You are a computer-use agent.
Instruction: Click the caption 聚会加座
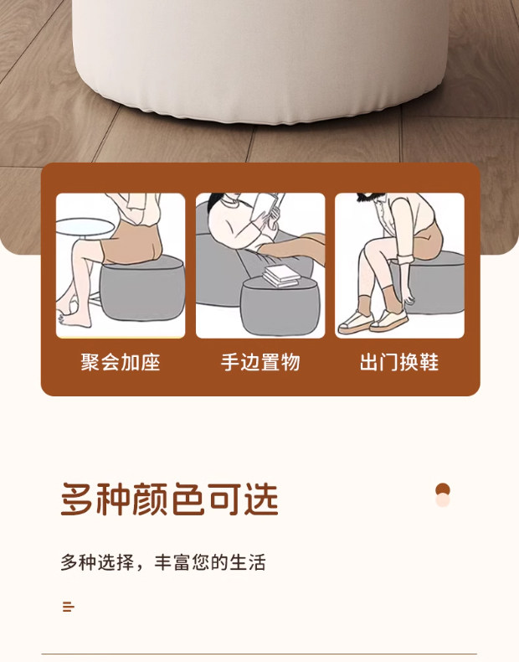tap(121, 362)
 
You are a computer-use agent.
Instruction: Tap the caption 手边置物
tap(260, 362)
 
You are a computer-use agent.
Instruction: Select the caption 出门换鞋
tap(399, 362)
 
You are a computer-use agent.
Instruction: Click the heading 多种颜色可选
tap(169, 499)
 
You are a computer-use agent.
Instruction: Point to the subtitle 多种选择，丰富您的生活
tap(163, 562)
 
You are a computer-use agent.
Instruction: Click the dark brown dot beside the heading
tap(443, 490)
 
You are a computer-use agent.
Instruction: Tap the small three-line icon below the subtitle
tap(69, 607)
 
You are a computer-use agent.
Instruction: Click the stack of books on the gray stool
tap(281, 276)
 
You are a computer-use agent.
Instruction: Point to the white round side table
tap(85, 227)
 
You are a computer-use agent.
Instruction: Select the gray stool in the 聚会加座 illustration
tap(142, 288)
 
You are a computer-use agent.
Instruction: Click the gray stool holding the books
tap(280, 305)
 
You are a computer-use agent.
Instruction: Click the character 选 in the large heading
tap(261, 499)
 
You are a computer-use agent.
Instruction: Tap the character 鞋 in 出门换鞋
tap(429, 362)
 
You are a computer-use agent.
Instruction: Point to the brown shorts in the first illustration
tap(131, 245)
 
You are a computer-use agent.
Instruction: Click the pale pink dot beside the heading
tap(443, 500)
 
